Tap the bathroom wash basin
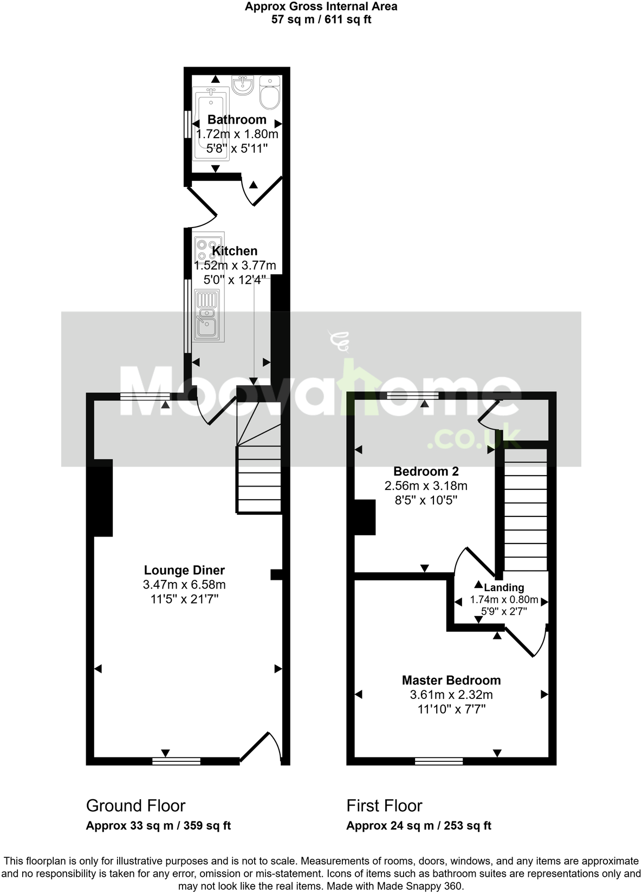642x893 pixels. tap(243, 86)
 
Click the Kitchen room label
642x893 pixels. tap(235, 251)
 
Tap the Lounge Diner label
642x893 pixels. tap(184, 570)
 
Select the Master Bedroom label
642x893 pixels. tap(451, 680)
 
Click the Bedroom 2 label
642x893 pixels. tap(426, 471)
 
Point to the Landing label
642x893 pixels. tap(504, 587)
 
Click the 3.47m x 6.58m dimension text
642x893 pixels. tap(184, 585)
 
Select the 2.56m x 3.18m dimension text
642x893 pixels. tap(426, 486)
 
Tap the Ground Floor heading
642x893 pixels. tap(135, 806)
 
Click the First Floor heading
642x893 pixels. tap(384, 806)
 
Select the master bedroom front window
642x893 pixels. tap(439, 761)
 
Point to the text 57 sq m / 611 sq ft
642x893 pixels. tap(321, 20)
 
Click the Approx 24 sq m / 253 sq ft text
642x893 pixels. tap(419, 826)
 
